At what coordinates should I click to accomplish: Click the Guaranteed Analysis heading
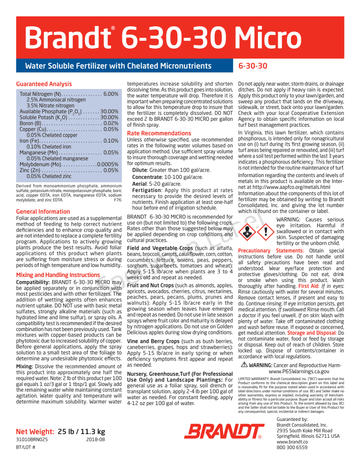pyautogui.click(x=44, y=84)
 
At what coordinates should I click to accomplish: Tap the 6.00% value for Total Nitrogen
pyautogui.click(x=110, y=94)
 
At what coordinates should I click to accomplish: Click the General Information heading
pyautogui.click(x=43, y=212)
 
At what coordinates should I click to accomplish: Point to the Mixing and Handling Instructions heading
pyautogui.click(x=58, y=275)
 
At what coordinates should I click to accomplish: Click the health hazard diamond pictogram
pyautogui.click(x=248, y=232)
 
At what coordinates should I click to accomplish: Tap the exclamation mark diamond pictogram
pyautogui.click(x=265, y=232)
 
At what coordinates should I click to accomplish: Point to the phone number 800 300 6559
pyautogui.click(x=292, y=447)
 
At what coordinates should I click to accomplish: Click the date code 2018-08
pyautogui.click(x=95, y=440)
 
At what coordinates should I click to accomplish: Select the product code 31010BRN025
pyautogui.click(x=32, y=440)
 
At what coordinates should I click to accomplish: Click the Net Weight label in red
pyautogui.click(x=35, y=431)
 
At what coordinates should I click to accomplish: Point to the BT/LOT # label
pyautogui.click(x=25, y=447)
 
